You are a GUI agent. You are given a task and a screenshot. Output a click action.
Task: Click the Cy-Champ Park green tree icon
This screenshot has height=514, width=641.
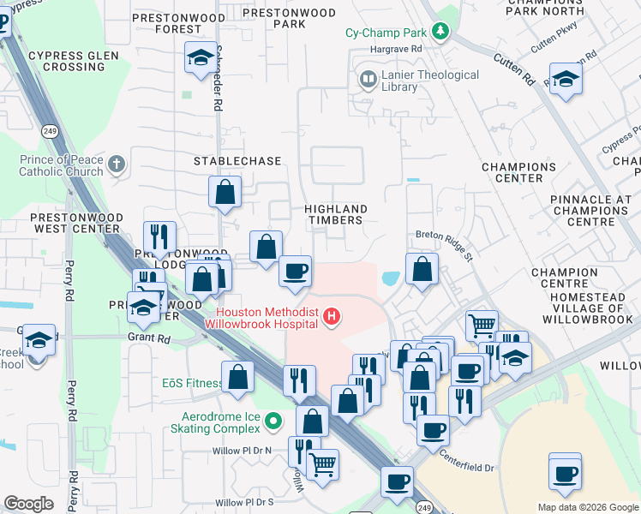440,33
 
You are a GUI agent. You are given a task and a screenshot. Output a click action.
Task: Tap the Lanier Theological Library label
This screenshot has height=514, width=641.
418,81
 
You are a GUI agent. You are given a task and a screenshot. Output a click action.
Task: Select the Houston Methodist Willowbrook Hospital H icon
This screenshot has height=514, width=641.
332,319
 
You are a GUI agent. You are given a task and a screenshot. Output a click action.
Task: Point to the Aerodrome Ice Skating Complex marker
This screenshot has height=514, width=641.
273,420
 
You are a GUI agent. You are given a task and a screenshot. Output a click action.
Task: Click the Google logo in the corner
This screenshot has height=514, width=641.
28,504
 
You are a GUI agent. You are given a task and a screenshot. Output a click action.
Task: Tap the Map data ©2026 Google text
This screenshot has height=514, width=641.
587,507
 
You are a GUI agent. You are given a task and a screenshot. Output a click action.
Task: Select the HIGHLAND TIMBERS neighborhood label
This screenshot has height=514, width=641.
337,215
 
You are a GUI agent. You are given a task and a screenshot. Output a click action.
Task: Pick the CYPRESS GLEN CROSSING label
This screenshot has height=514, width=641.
66,61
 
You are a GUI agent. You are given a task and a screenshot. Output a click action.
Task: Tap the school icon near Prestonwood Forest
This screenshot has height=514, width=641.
201,58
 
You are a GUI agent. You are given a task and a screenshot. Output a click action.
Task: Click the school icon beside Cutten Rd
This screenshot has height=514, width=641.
566,80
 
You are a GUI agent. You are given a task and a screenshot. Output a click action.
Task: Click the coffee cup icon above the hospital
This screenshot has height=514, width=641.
296,272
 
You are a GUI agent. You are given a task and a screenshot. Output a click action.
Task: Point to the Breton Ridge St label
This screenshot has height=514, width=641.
444,234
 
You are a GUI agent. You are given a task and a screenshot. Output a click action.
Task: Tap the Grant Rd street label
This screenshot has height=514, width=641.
151,338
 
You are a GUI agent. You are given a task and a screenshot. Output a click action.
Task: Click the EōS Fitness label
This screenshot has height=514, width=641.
193,383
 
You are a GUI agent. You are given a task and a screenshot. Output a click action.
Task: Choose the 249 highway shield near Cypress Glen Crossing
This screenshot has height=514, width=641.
51,131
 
